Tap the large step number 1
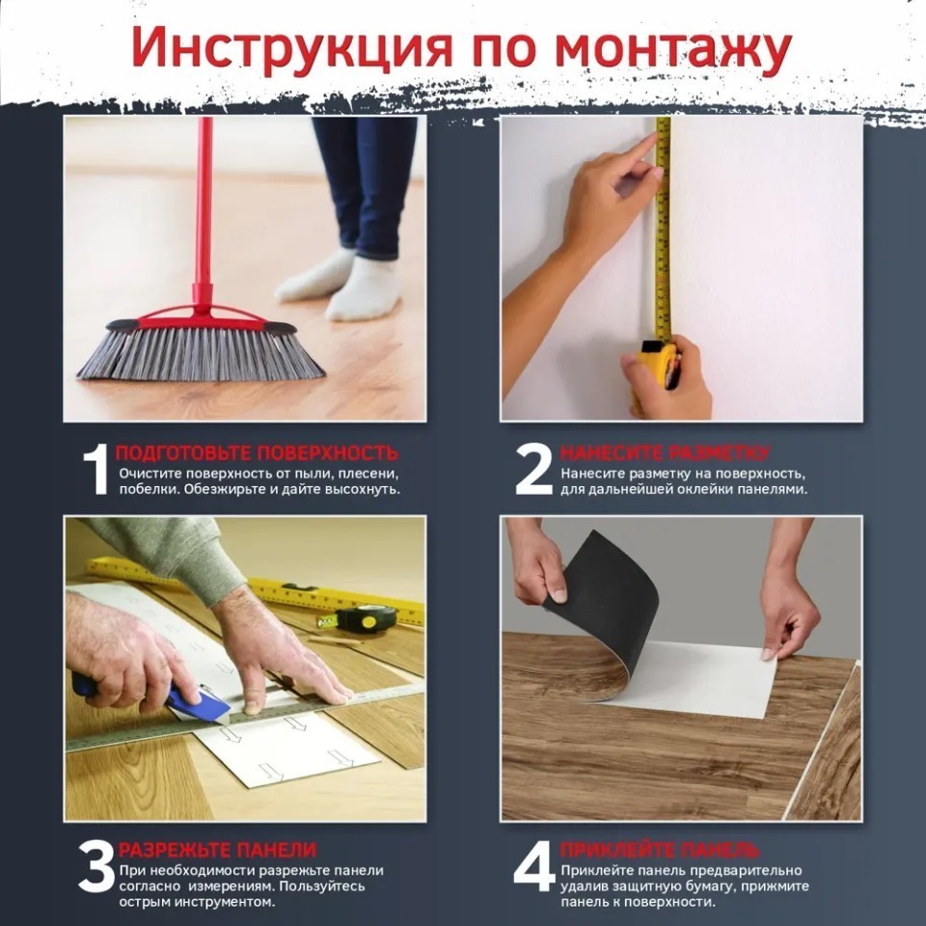[x=96, y=470]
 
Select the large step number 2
[x=533, y=470]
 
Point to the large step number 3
[x=96, y=866]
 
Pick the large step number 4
[x=534, y=866]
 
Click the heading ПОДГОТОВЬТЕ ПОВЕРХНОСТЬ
[x=257, y=453]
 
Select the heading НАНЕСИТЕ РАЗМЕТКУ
[x=665, y=453]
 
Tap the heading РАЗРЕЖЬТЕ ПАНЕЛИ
[x=217, y=850]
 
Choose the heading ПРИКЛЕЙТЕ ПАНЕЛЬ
[x=659, y=850]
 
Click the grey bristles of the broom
[x=201, y=353]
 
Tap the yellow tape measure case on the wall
[x=656, y=369]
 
